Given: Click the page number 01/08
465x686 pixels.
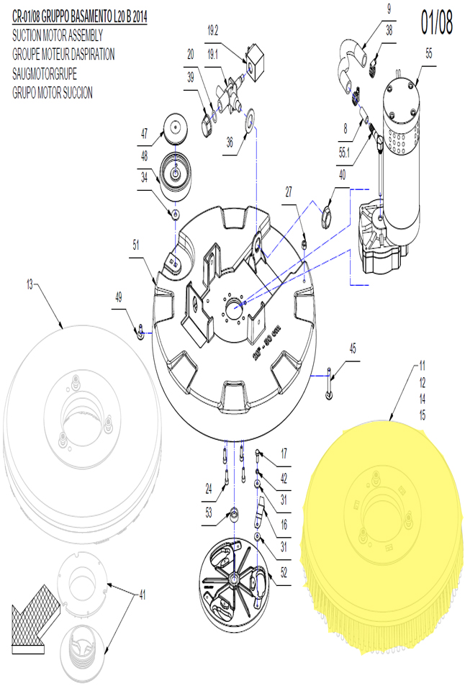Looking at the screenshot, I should tap(436, 23).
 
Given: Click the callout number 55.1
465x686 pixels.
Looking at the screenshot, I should tap(345, 153).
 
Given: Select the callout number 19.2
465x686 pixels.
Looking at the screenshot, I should tap(212, 30).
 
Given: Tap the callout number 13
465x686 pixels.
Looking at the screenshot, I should tap(30, 285).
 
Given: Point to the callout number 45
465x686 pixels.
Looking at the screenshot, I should tap(353, 348).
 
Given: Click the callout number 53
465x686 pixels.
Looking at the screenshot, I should tap(209, 512).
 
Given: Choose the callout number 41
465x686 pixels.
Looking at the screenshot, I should tap(143, 595).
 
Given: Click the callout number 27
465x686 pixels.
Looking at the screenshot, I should tap(289, 191).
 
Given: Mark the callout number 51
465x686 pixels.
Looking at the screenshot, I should tap(135, 245).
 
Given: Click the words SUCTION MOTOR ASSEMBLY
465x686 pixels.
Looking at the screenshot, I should tap(58, 35).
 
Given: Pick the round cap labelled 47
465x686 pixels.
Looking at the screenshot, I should tap(174, 127).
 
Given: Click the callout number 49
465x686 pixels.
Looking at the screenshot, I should tap(119, 297).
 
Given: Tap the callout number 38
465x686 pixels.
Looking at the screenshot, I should tap(389, 30).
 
